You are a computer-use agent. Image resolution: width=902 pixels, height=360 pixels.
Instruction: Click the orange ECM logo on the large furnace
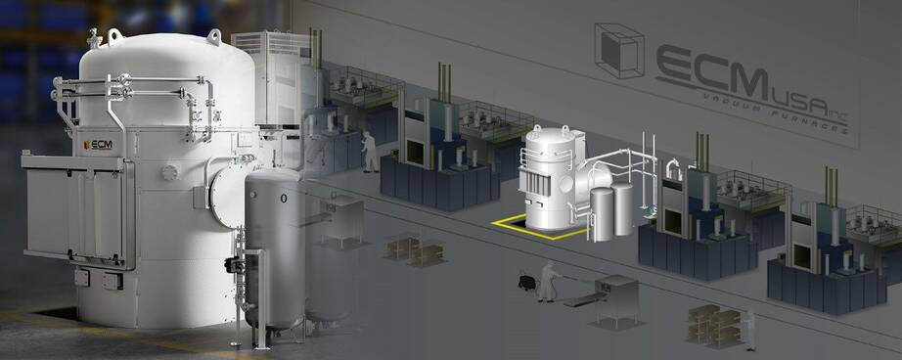tap(97, 145)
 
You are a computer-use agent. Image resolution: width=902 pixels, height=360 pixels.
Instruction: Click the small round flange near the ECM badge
tap(168, 172)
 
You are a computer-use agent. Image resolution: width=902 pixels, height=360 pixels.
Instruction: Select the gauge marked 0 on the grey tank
tap(283, 199)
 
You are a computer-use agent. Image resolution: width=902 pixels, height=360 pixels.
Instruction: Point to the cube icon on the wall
tap(619, 51)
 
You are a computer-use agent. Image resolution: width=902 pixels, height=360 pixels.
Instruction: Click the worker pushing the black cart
tap(548, 281)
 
